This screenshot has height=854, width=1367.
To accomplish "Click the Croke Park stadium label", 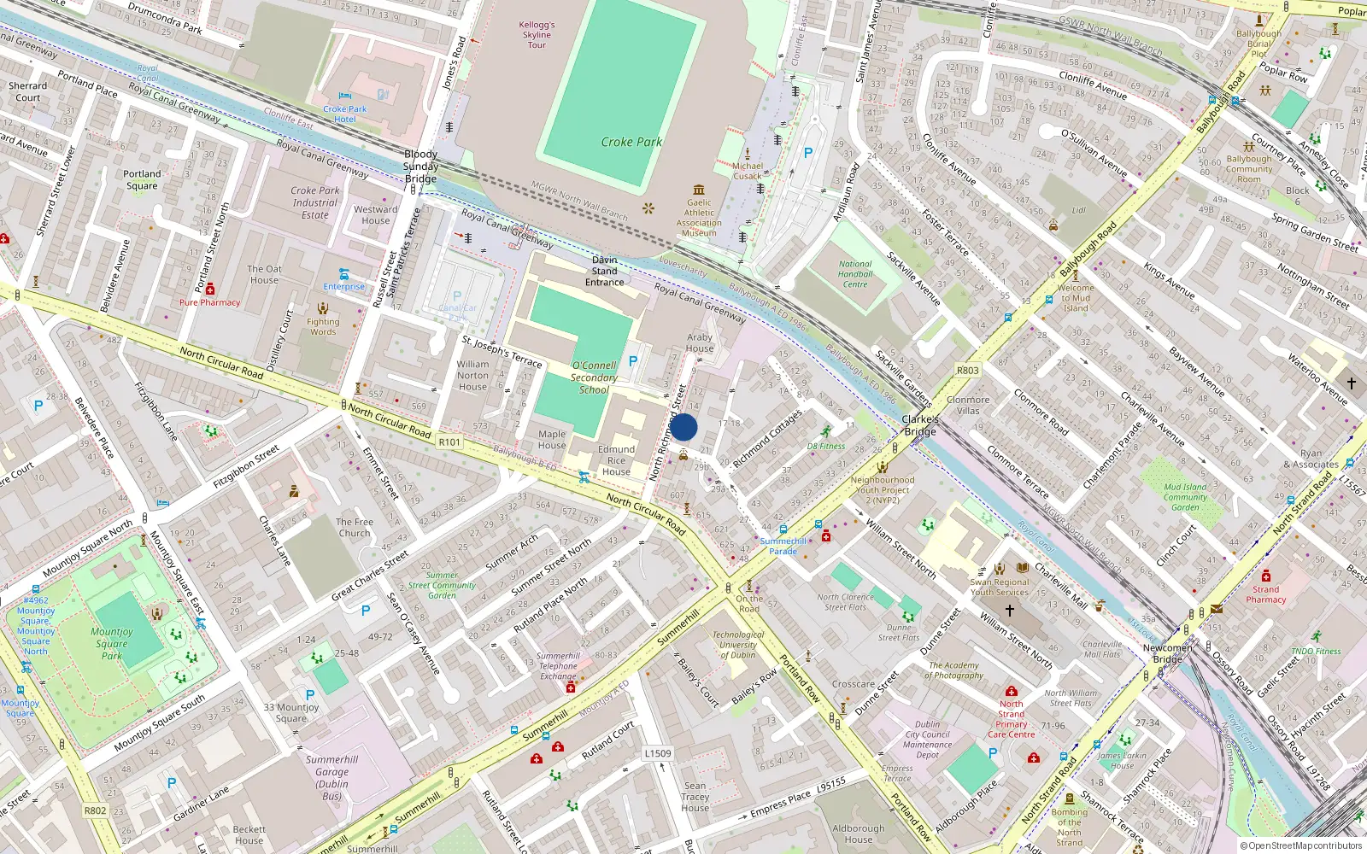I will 631,142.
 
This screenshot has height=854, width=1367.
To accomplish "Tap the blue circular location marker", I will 683,427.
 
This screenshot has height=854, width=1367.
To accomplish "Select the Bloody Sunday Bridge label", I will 420,167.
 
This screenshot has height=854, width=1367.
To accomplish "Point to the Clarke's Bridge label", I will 920,425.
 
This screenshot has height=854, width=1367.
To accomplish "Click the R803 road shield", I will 967,371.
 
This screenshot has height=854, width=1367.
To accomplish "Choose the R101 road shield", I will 449,442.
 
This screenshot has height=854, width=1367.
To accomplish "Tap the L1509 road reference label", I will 658,753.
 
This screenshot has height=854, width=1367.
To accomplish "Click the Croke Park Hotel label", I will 345,114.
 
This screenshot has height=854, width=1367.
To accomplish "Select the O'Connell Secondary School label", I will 594,377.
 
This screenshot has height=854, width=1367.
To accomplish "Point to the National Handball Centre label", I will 855,274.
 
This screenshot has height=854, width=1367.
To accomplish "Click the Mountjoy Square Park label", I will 112,644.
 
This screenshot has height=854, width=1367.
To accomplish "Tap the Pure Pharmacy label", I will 209,302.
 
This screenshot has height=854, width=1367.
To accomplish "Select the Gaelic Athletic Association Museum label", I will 699,218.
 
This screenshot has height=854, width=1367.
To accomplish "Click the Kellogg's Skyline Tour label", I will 537,35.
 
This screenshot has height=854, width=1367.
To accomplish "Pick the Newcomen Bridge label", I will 1167,653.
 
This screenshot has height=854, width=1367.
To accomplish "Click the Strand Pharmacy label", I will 1265,594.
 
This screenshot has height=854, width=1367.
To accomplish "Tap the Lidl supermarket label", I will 1078,210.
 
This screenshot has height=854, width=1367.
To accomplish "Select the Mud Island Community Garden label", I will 1185,497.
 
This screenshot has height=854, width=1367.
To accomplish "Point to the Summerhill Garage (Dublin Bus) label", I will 331,777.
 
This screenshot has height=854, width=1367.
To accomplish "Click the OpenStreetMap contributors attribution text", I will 1300,846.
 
